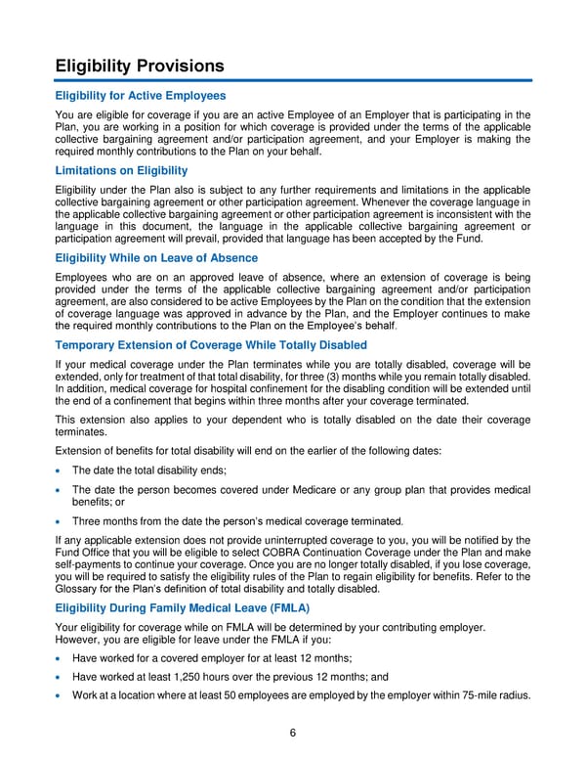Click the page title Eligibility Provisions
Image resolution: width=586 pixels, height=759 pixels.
coord(140,66)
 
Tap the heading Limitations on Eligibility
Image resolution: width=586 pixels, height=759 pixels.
coord(121,170)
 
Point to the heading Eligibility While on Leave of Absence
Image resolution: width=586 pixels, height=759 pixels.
coord(156,257)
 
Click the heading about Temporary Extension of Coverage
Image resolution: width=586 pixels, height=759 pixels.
coord(211,345)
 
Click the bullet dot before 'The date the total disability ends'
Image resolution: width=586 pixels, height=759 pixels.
coord(60,470)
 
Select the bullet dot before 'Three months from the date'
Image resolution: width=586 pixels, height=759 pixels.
coord(60,520)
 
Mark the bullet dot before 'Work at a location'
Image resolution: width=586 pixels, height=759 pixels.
coord(60,695)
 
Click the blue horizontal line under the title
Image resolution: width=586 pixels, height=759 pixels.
coord(293,80)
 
